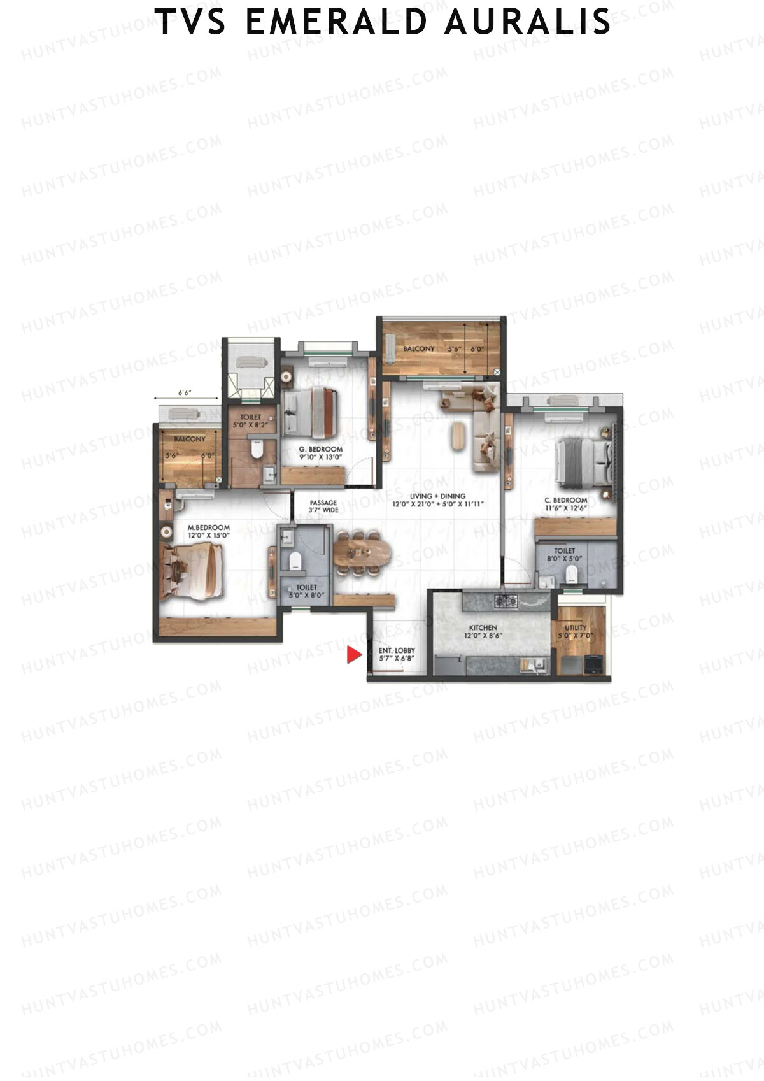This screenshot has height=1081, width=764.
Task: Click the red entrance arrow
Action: [353, 655]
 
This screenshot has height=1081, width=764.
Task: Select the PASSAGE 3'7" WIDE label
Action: [323, 506]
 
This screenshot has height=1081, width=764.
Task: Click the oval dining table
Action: [361, 552]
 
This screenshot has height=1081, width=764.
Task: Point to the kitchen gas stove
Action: [506, 599]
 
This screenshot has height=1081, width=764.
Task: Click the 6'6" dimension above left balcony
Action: [184, 393]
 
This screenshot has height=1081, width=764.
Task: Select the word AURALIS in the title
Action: [527, 22]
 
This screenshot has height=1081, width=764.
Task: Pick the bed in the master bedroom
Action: [191, 571]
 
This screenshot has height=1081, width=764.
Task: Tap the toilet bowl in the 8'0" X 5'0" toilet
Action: [573, 575]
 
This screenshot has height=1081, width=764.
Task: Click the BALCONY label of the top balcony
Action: [418, 349]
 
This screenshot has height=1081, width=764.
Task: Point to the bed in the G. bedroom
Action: [310, 413]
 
